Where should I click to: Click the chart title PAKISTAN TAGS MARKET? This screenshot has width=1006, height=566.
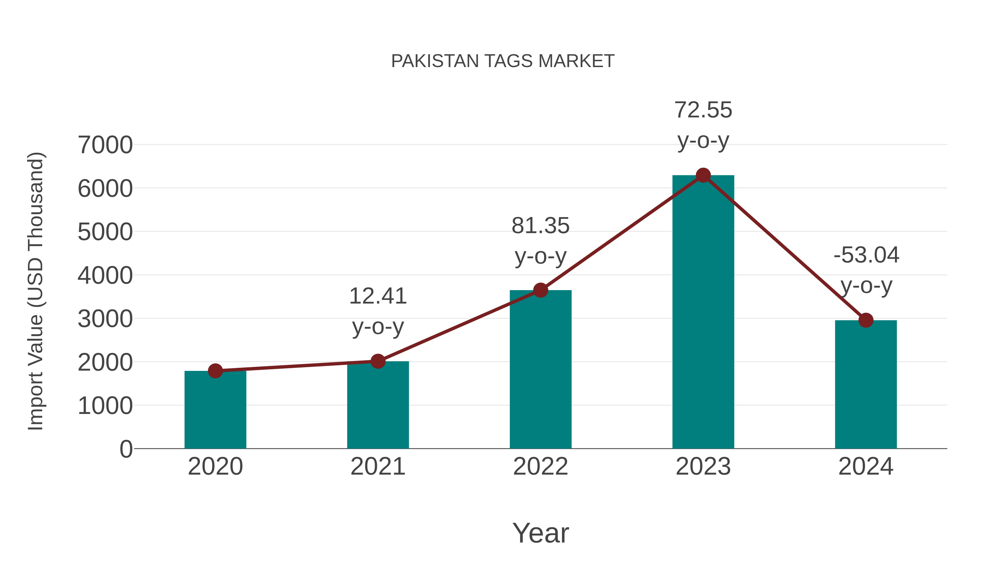(503, 61)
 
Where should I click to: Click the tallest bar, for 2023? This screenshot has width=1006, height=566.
(703, 312)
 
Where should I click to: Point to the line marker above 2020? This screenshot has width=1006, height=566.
(215, 371)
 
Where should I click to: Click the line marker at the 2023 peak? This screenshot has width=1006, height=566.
(703, 175)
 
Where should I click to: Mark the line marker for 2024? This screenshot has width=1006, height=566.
(866, 320)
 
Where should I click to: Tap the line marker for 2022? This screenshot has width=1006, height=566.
(540, 290)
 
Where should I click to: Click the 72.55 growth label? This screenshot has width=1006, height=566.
(703, 110)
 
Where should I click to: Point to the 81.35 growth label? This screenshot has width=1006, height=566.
(540, 226)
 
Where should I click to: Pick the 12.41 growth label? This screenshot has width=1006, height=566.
(378, 297)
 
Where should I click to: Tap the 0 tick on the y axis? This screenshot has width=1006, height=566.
(126, 449)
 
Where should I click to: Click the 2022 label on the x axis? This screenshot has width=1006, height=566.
(540, 466)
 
